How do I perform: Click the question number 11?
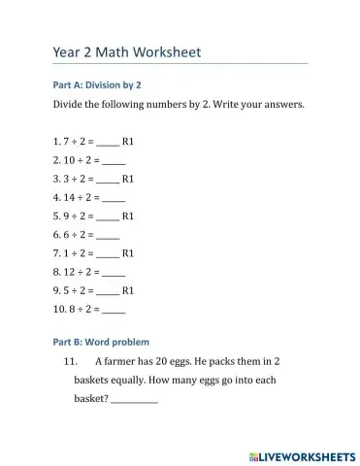coord(69,361)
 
